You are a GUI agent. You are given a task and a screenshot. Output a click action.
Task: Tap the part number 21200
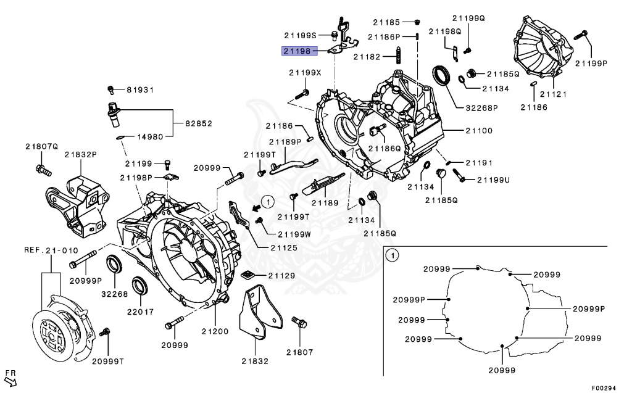(214, 331)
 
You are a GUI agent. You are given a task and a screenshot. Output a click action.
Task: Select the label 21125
(283, 248)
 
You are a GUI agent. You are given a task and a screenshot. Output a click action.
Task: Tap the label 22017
(137, 312)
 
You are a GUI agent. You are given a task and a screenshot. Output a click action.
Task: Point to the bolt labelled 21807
(300, 323)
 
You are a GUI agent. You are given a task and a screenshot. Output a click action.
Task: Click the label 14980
(149, 137)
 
